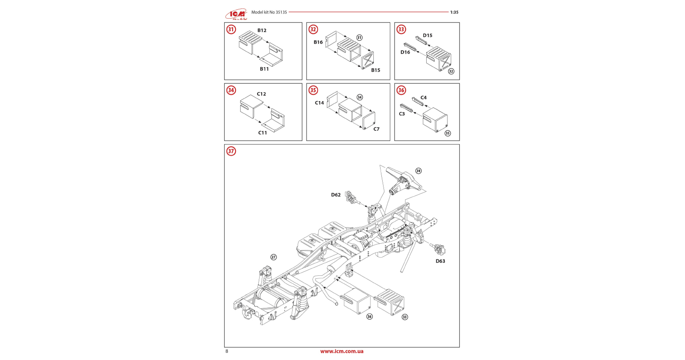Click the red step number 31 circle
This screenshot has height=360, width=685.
pyautogui.click(x=231, y=29)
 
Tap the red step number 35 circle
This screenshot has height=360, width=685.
pyautogui.click(x=313, y=90)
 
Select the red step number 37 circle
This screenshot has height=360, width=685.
pyautogui.click(x=231, y=151)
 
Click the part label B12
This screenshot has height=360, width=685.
pyautogui.click(x=262, y=30)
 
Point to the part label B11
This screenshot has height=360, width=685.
pyautogui.click(x=264, y=69)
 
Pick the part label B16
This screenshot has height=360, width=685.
pyautogui.click(x=318, y=42)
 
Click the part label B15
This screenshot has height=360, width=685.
pyautogui.click(x=375, y=70)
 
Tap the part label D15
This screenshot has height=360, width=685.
pyautogui.click(x=427, y=36)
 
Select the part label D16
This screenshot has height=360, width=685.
pyautogui.click(x=405, y=52)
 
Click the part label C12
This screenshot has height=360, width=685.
pyautogui.click(x=261, y=94)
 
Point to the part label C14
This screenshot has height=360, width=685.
pyautogui.click(x=319, y=103)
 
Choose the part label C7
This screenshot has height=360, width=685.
pyautogui.click(x=376, y=129)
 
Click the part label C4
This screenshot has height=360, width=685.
pyautogui.click(x=423, y=98)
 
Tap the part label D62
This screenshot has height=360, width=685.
pyautogui.click(x=336, y=195)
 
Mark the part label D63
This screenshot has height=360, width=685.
pyautogui.click(x=440, y=261)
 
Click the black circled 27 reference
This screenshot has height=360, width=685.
pyautogui.click(x=274, y=257)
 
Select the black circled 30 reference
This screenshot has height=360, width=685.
pyautogui.click(x=418, y=171)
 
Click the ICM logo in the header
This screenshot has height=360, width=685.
pyautogui.click(x=236, y=14)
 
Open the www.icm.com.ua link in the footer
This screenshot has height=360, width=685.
pyautogui.click(x=342, y=351)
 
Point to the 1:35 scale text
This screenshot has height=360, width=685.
pyautogui.click(x=454, y=12)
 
